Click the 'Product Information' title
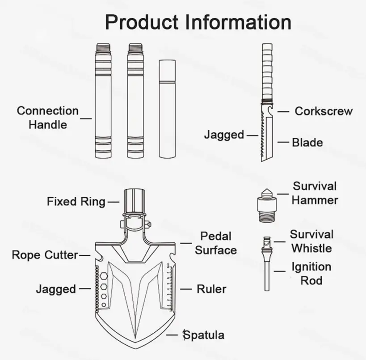(198, 22)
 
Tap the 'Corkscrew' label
(324, 111)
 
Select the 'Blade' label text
(307, 143)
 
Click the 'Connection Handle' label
(48, 118)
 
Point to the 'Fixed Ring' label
(76, 202)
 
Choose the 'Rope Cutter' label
(45, 255)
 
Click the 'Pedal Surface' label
(216, 243)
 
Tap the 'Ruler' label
(211, 289)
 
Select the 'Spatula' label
(204, 335)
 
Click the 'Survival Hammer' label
(315, 193)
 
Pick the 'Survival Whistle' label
(311, 241)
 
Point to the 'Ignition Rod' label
(311, 274)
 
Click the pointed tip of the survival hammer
(267, 189)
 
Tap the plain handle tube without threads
(167, 109)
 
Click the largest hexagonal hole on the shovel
(103, 276)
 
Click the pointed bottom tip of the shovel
(135, 348)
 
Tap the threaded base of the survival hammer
(267, 217)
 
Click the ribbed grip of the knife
(267, 71)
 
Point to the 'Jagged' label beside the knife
(224, 135)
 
